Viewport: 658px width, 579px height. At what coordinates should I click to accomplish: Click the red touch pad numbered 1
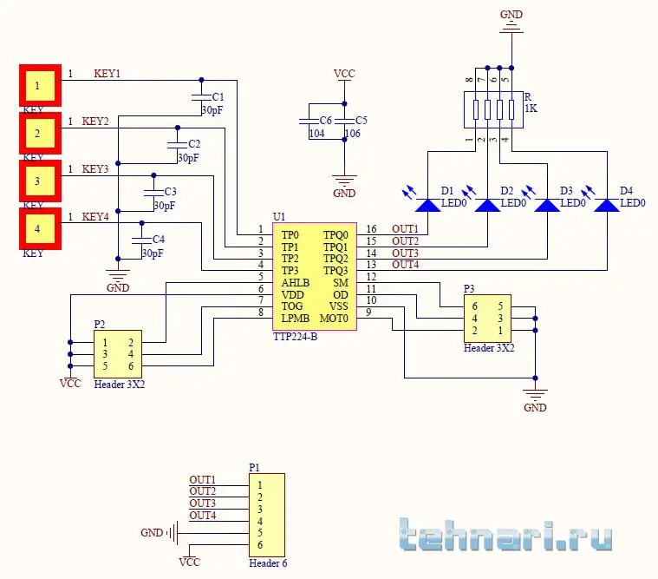(x=39, y=86)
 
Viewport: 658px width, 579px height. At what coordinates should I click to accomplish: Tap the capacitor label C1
(x=218, y=97)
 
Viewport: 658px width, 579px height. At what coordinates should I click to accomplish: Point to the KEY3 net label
(x=95, y=169)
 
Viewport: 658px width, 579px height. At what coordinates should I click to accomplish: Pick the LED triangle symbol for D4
(x=606, y=205)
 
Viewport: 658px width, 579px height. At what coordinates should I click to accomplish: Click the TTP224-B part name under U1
(x=295, y=337)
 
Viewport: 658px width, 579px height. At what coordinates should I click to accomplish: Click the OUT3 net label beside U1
(x=405, y=253)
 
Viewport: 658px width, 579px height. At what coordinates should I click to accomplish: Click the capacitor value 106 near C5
(x=352, y=134)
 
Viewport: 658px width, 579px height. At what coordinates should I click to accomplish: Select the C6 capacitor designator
(x=325, y=120)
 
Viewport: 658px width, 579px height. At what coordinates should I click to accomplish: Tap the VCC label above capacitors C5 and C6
(x=344, y=75)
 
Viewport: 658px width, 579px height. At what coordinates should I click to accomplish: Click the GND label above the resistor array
(x=511, y=14)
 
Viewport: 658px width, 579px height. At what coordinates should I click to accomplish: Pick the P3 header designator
(x=469, y=288)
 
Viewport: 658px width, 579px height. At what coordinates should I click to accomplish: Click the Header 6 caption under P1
(x=268, y=563)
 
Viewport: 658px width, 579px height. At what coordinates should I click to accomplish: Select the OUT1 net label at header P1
(x=202, y=480)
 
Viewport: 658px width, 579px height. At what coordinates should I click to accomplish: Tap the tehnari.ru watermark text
(x=506, y=535)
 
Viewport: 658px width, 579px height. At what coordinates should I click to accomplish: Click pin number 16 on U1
(x=372, y=228)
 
